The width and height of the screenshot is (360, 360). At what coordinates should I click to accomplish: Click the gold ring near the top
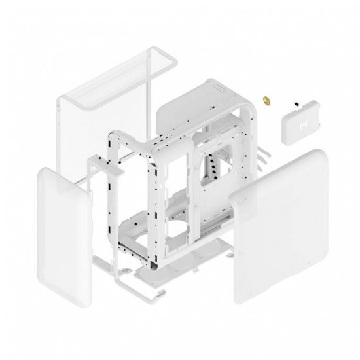tap(266, 100)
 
